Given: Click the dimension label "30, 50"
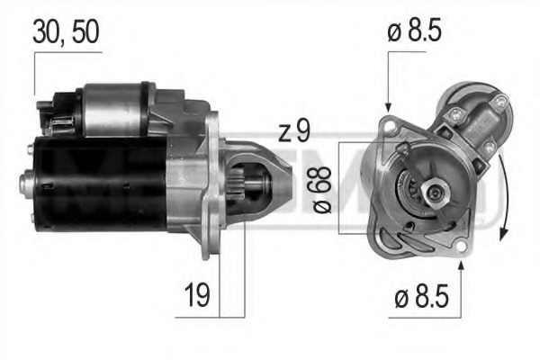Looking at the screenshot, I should (66, 31).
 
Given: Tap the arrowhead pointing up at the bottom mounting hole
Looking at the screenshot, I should (462, 263).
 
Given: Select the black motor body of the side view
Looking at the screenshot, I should (99, 180).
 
